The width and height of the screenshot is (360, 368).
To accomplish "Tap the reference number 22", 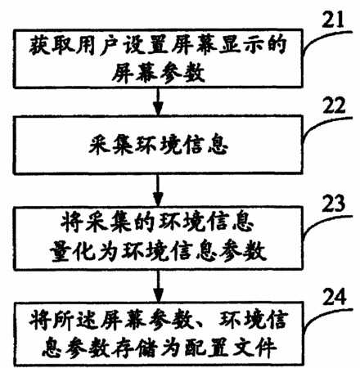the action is coord(334,105).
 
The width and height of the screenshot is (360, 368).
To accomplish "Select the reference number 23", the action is coord(333,204).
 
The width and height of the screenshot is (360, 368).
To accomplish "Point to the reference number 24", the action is coord(335,297).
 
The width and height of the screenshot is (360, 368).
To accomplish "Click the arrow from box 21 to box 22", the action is coord(158,101).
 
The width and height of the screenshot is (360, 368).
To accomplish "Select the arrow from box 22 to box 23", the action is coord(158,190).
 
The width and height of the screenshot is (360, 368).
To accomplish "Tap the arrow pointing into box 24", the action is coord(158,285).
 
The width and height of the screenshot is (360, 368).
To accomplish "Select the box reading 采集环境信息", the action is coord(158,145).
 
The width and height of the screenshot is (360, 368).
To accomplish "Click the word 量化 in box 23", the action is coord(72,251).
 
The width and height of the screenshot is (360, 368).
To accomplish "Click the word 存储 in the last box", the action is coord(133,348).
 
